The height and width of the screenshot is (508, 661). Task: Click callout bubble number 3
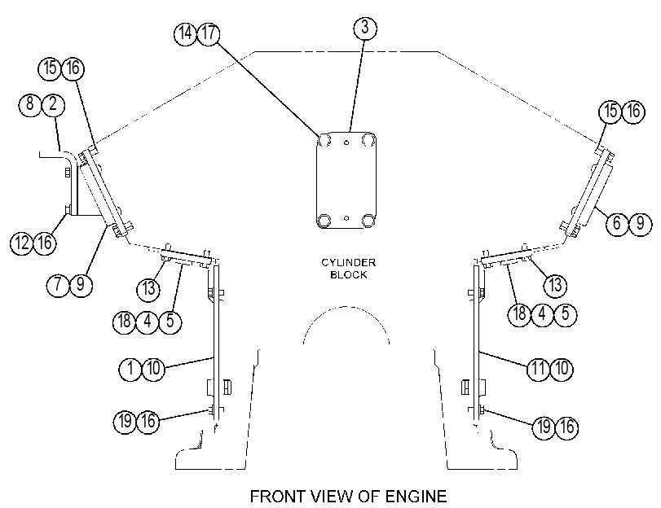[x=364, y=28]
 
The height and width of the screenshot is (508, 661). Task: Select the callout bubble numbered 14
[x=186, y=33]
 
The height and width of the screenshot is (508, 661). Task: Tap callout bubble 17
[x=209, y=33]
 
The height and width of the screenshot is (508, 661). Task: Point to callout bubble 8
[x=30, y=104]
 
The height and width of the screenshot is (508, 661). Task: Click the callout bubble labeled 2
[x=53, y=104]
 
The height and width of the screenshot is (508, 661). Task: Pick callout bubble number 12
[x=22, y=243]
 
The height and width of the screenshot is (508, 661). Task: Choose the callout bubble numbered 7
[x=58, y=284]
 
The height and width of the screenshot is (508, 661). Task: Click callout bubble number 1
[x=130, y=369]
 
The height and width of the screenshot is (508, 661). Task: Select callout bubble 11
[x=539, y=369]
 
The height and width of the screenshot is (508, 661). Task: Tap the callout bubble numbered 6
[x=618, y=223]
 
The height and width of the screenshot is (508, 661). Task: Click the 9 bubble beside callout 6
[x=641, y=223]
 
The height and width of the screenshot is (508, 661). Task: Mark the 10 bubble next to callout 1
[x=153, y=369]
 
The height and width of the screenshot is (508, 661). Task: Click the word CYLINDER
[x=349, y=262]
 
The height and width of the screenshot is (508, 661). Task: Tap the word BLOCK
[x=349, y=274]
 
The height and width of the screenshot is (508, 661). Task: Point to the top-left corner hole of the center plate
[x=325, y=139]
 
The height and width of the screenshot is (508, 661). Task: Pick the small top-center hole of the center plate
[x=346, y=142]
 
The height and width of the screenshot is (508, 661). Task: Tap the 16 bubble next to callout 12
[x=45, y=243]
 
